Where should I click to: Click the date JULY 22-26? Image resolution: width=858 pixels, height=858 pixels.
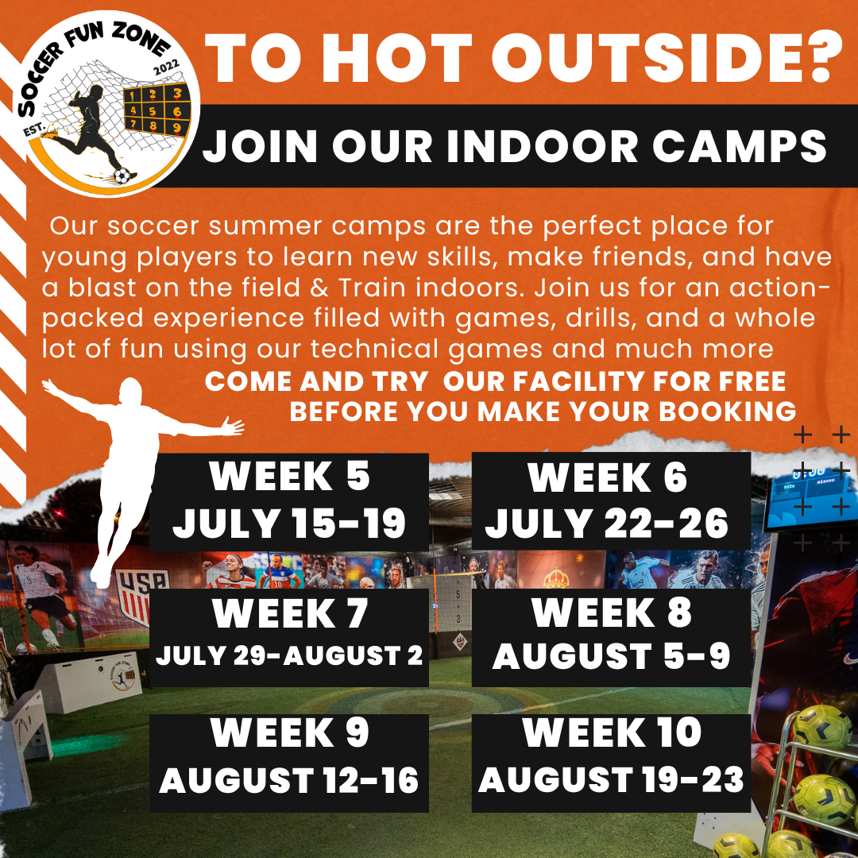pyautogui.click(x=607, y=524)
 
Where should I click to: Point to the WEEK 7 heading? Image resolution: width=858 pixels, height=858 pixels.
pyautogui.click(x=290, y=613)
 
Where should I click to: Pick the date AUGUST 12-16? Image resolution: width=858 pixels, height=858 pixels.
pyautogui.click(x=289, y=781)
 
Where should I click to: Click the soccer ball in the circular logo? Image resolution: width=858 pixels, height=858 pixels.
pyautogui.click(x=122, y=176)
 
